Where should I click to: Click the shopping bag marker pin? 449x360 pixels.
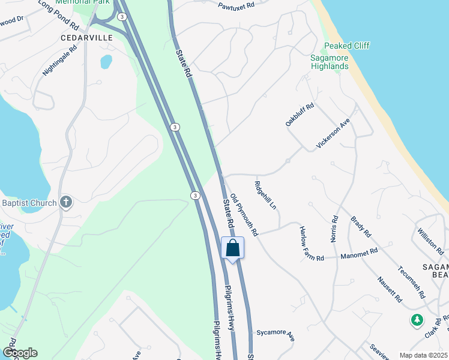pyautogui.click(x=233, y=248)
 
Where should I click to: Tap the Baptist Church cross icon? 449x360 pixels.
pyautogui.click(x=67, y=203)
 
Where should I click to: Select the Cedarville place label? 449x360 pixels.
pyautogui.click(x=86, y=37)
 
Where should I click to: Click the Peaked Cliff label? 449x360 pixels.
pyautogui.click(x=346, y=46)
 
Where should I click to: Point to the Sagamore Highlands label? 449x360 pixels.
pyautogui.click(x=330, y=62)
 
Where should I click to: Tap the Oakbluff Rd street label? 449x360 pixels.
pyautogui.click(x=300, y=115)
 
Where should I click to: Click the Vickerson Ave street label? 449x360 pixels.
pyautogui.click(x=333, y=134)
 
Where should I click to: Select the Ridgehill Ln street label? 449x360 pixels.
pyautogui.click(x=265, y=195)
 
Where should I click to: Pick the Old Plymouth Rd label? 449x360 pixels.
pyautogui.click(x=244, y=214)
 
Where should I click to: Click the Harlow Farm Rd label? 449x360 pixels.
pyautogui.click(x=312, y=243)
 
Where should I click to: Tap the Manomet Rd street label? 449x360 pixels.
pyautogui.click(x=359, y=254)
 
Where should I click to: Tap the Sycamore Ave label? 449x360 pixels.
pyautogui.click(x=276, y=334)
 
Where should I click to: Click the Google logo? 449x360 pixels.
pyautogui.click(x=20, y=353)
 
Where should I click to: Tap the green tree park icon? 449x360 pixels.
pyautogui.click(x=417, y=320)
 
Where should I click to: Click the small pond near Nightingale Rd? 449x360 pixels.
pyautogui.click(x=106, y=61)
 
